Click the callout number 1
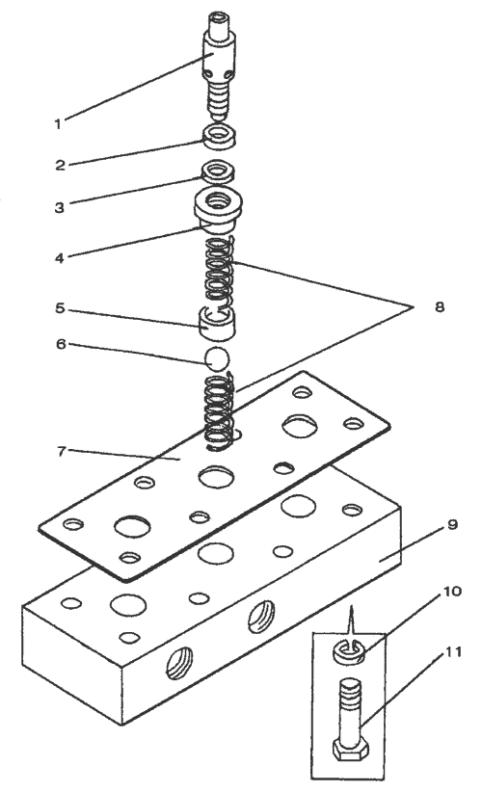[x=58, y=123]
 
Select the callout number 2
[x=60, y=165]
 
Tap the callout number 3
[x=60, y=207]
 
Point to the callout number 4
[x=60, y=257]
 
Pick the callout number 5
[x=60, y=307]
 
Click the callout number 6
[x=61, y=344]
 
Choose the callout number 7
[x=61, y=451]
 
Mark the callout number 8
[x=440, y=306]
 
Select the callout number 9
[x=452, y=525]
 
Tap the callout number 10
[x=453, y=591]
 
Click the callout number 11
[x=453, y=652]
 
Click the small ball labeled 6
[x=217, y=358]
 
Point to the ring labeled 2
[x=219, y=137]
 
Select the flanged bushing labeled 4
[x=219, y=210]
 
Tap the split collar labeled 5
[x=216, y=324]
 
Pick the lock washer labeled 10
[x=349, y=651]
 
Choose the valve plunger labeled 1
[x=219, y=66]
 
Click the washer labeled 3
[x=218, y=172]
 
